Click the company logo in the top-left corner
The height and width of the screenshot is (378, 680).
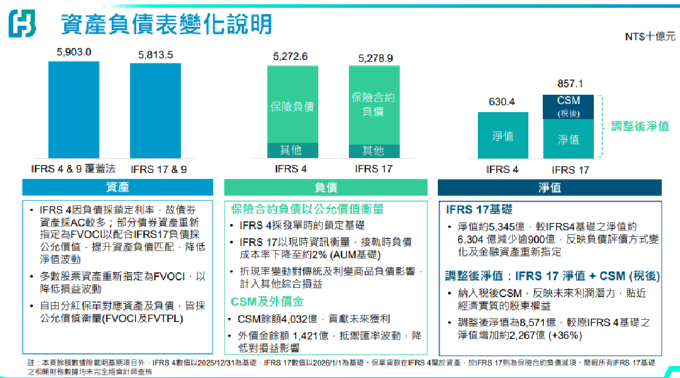click(23, 24)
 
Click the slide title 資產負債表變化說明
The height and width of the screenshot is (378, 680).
click(166, 24)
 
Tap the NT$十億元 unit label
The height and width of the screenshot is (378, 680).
click(650, 37)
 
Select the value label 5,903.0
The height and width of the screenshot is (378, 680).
click(74, 52)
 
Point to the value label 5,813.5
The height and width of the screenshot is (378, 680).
click(155, 55)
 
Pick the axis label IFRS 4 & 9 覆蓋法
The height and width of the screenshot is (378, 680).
click(73, 169)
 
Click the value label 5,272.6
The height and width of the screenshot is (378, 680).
click(290, 57)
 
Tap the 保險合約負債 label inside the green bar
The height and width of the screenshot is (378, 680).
click(373, 104)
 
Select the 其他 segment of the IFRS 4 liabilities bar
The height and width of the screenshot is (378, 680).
click(291, 150)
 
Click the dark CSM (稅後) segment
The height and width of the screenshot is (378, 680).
click(568, 106)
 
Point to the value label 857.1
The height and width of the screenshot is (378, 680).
click(570, 84)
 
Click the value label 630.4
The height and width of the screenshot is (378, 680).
click(502, 102)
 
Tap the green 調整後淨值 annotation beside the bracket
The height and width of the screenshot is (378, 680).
click(640, 126)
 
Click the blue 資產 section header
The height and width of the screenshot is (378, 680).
click(118, 187)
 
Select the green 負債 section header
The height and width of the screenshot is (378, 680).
click(325, 187)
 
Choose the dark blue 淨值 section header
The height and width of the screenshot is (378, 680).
click(549, 187)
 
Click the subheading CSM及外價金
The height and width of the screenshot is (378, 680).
click(267, 302)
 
